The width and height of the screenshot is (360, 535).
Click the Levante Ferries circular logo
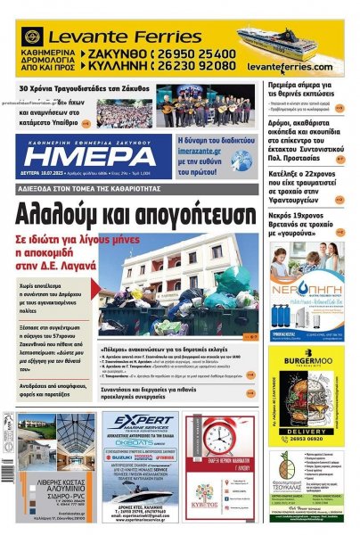(x=33, y=37)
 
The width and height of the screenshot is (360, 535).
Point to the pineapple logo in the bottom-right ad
(x=284, y=470)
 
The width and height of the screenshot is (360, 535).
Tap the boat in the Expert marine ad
(x=138, y=489)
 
